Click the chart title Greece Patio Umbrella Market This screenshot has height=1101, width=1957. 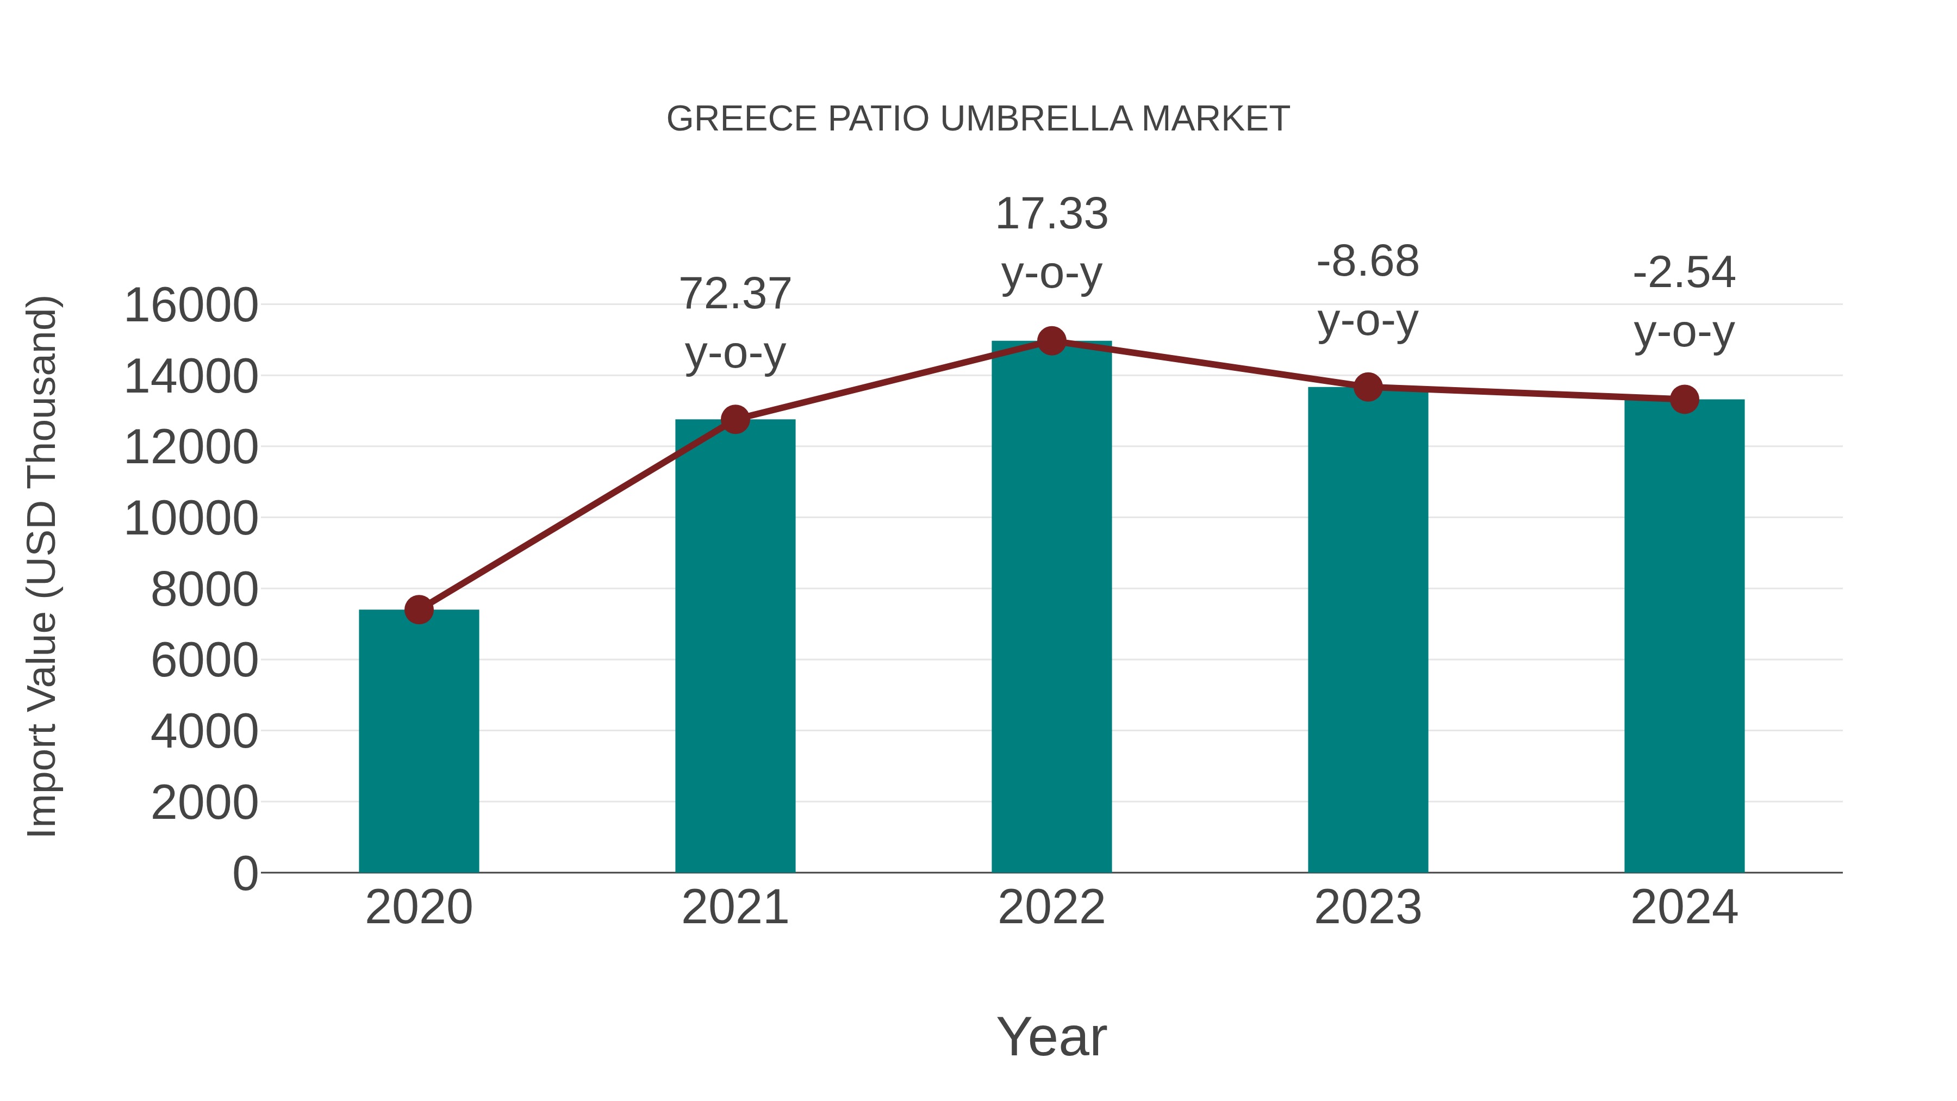(978, 119)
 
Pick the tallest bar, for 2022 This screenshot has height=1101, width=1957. (1051, 608)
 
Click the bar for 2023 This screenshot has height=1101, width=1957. (1368, 631)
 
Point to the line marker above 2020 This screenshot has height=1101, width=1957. (419, 609)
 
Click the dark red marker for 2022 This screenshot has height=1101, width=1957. (1051, 341)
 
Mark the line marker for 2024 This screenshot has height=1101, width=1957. (1684, 399)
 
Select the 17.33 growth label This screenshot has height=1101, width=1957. (1051, 214)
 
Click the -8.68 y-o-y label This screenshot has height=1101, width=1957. (1368, 262)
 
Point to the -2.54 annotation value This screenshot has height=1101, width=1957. (1684, 273)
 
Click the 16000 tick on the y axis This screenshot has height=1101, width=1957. (191, 306)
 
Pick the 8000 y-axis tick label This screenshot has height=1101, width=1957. (204, 589)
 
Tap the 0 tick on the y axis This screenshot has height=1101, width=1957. (245, 873)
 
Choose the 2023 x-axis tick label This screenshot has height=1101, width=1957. (1368, 907)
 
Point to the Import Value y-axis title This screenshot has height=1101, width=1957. (42, 566)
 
